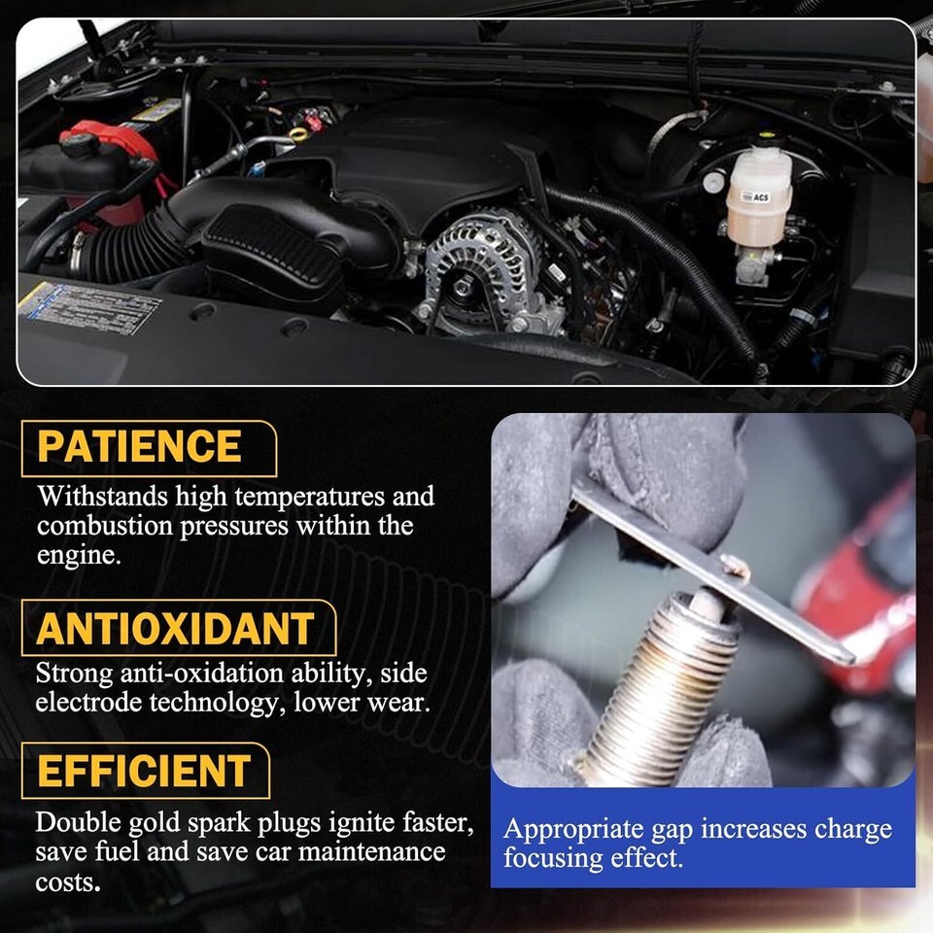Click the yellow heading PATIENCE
click(x=139, y=446)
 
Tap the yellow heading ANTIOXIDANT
click(x=175, y=629)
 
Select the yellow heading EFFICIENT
click(x=144, y=771)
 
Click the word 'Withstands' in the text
click(x=102, y=496)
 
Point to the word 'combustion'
click(x=105, y=526)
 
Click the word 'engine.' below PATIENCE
click(x=79, y=556)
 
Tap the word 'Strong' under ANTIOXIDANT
click(x=75, y=674)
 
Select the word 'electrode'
click(x=88, y=702)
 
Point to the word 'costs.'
click(x=68, y=882)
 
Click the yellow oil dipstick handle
click(x=298, y=134)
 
